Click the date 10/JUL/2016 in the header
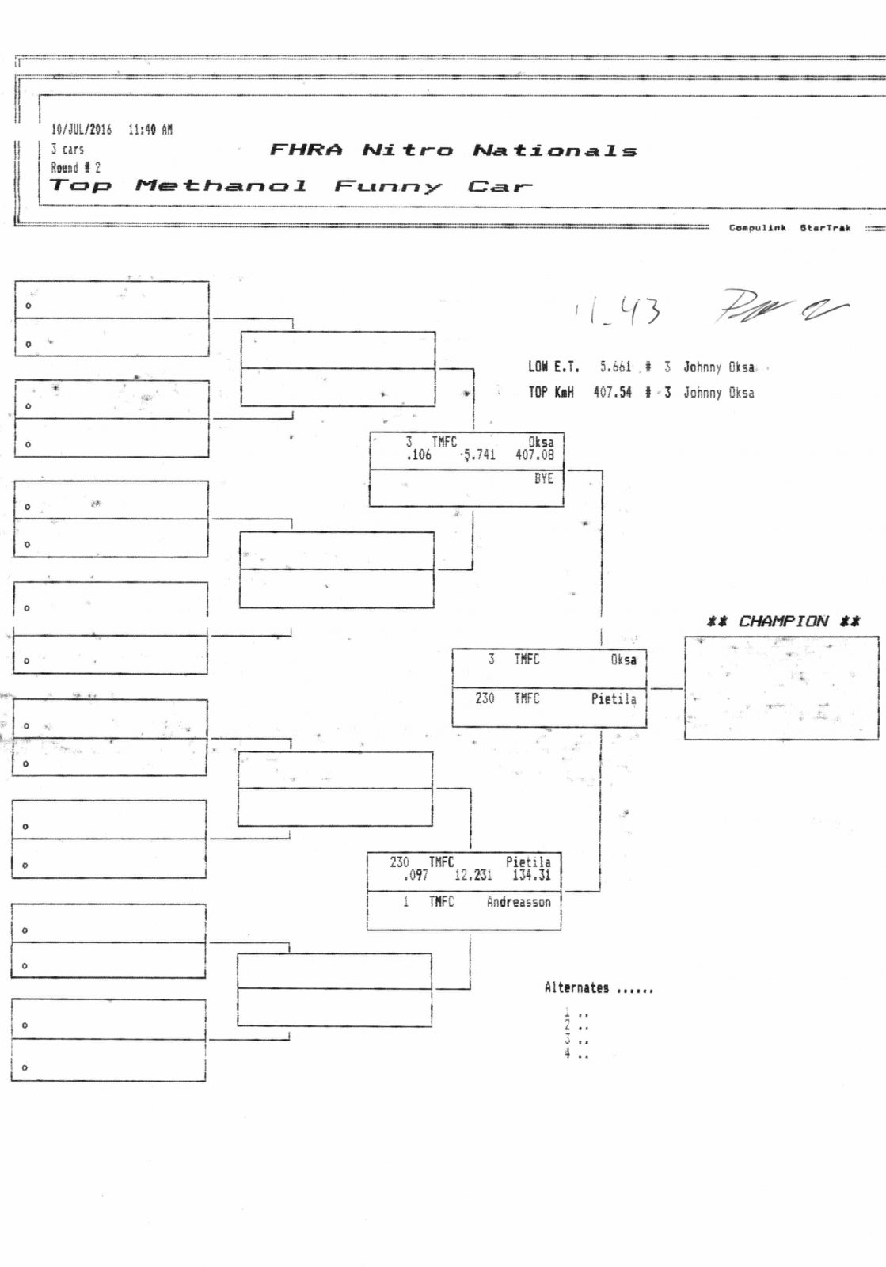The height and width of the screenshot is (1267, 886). [x=81, y=130]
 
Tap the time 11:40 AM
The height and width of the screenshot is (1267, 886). [x=150, y=130]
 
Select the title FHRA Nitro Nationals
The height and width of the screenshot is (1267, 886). [x=453, y=150]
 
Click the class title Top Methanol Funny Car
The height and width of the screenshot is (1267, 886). [x=290, y=187]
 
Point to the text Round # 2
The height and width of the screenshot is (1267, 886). [x=75, y=168]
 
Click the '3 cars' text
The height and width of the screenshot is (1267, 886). [x=67, y=149]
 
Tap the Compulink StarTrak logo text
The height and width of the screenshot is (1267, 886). [x=789, y=228]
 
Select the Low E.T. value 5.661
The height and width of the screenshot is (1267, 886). [x=615, y=367]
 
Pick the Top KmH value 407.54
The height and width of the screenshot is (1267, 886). [x=612, y=392]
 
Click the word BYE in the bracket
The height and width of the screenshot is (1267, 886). [x=543, y=479]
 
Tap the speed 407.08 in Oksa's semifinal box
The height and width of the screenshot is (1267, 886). [x=534, y=455]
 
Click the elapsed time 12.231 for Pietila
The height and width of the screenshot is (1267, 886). [x=473, y=875]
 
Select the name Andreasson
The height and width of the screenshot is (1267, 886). [x=518, y=902]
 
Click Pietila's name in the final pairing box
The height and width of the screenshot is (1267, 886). [x=613, y=699]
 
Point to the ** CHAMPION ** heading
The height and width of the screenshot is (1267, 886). [x=783, y=622]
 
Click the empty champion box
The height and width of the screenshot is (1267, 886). [x=781, y=688]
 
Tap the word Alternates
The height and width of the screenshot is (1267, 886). [x=576, y=988]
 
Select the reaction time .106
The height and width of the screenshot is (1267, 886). [x=418, y=455]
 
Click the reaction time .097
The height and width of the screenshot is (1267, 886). [x=415, y=875]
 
